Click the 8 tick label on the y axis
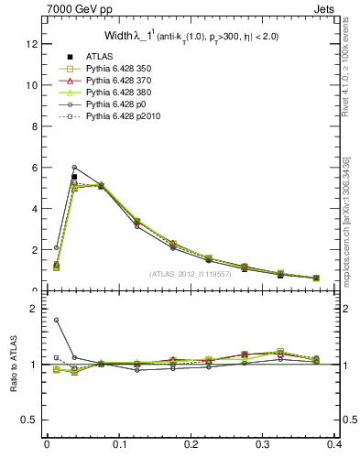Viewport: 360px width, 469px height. pyautogui.click(x=34, y=125)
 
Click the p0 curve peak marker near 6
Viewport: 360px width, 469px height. pyautogui.click(x=74, y=168)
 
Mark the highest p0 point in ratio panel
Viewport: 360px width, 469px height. pyautogui.click(x=56, y=320)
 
